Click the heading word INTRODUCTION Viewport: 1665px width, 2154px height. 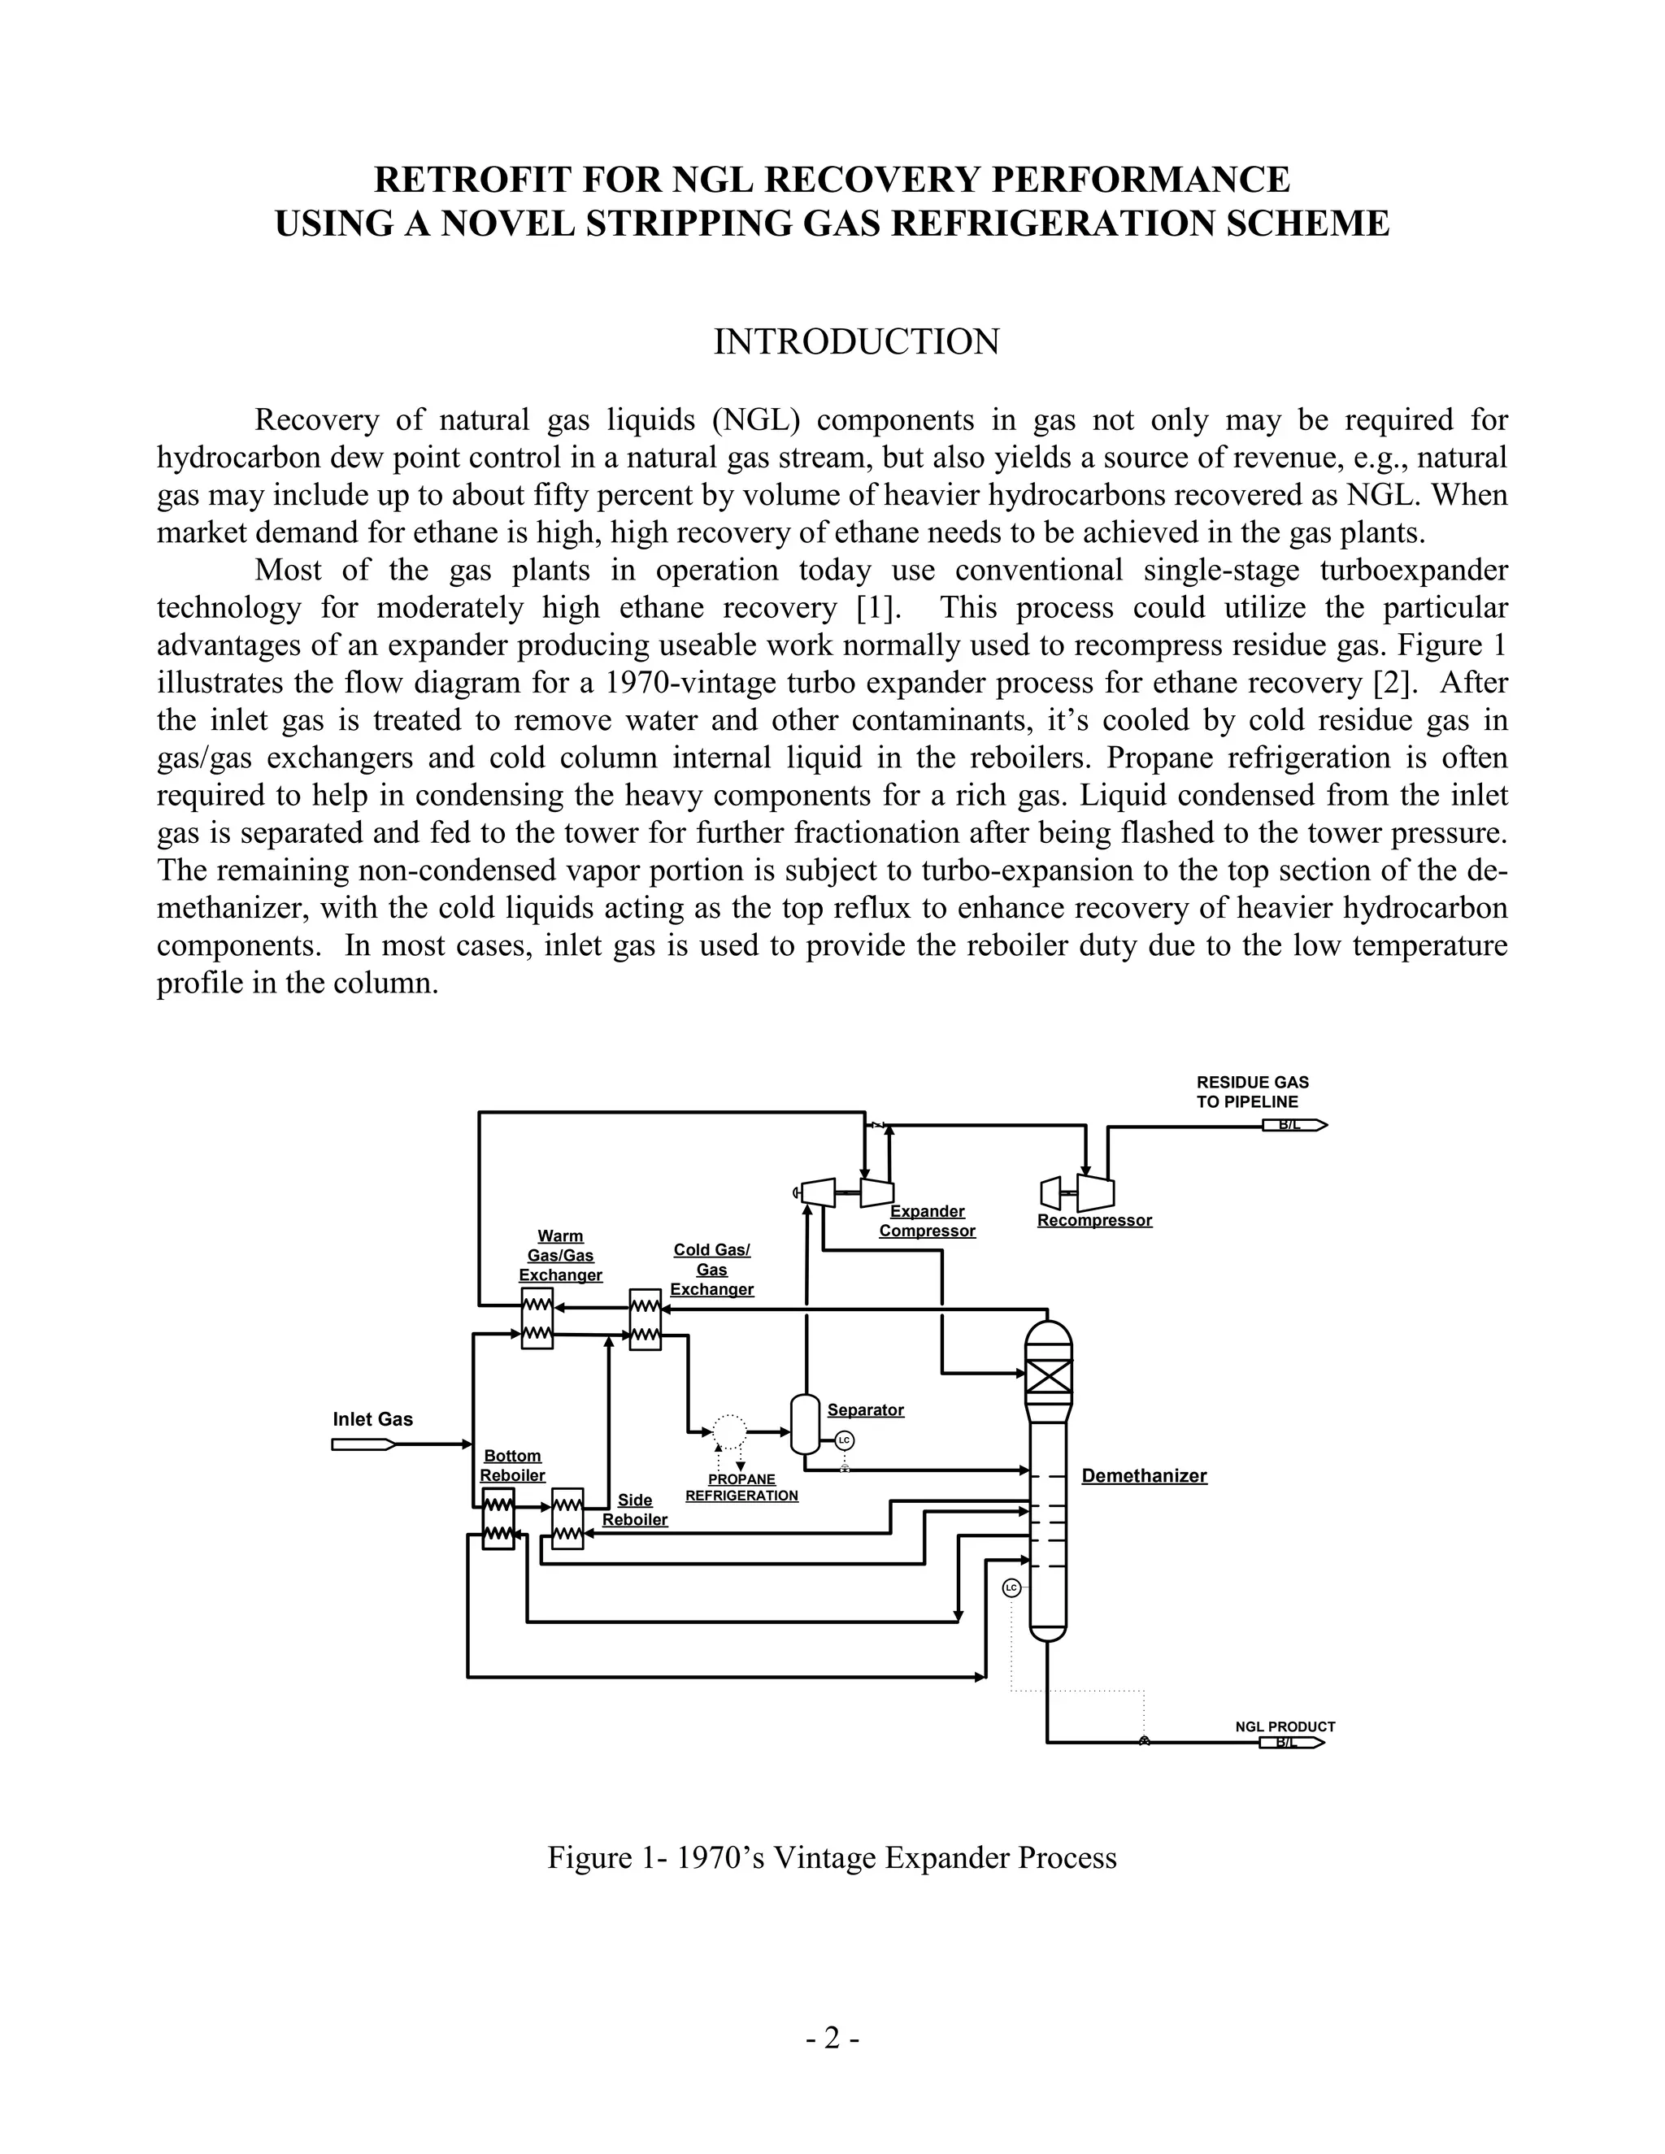coord(856,342)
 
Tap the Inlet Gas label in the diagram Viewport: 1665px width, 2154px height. coord(373,1419)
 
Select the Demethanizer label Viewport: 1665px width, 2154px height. coord(1143,1475)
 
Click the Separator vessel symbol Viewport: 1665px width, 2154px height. coord(805,1424)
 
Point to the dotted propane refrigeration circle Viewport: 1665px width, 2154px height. coord(729,1430)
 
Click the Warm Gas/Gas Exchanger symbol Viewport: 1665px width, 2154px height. coord(537,1318)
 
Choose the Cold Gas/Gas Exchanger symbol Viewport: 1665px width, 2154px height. coord(645,1319)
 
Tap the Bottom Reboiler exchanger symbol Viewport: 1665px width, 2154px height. coord(498,1519)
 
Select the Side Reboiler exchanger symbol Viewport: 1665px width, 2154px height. coord(567,1519)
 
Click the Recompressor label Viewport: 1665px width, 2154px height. coord(1094,1221)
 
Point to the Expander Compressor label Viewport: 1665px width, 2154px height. coord(927,1221)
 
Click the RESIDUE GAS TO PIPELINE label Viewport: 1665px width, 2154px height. coord(1252,1092)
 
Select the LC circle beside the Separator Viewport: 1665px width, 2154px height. coord(843,1441)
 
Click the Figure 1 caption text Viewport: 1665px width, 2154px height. coord(832,1858)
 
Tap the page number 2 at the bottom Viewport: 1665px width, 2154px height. coord(832,2038)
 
